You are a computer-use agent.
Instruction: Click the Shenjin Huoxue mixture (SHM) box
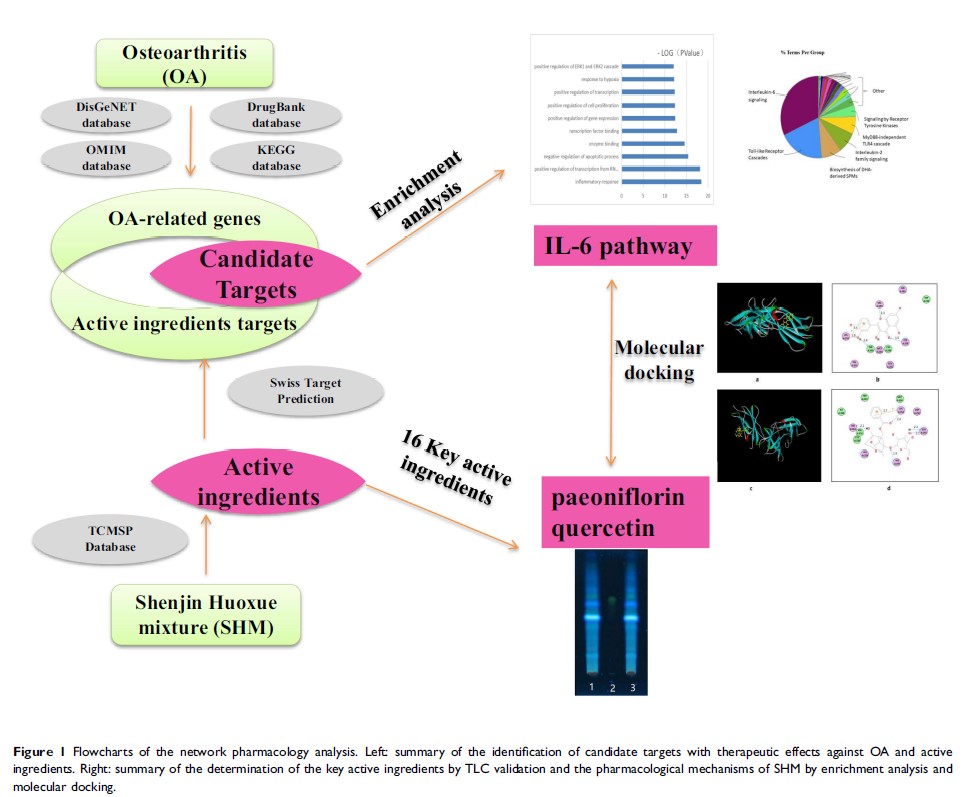(205, 614)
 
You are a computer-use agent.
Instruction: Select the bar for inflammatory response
(661, 181)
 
